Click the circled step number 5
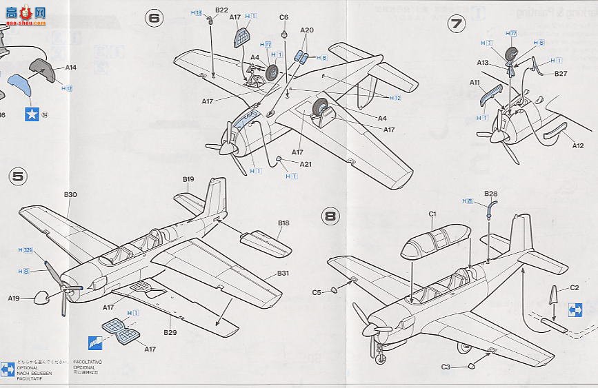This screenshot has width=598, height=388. [x=19, y=177]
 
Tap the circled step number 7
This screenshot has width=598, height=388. [x=456, y=24]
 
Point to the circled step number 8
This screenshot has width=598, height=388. [x=331, y=216]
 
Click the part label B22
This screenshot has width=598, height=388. [x=221, y=10]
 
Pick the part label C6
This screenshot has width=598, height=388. [x=283, y=17]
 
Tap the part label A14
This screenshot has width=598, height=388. [x=70, y=67]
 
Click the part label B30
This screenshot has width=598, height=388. [x=70, y=195]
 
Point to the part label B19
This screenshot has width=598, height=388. [x=188, y=179]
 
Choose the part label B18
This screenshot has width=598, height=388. [x=283, y=223]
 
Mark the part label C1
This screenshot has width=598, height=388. [x=432, y=214]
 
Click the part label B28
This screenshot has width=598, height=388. [x=491, y=194]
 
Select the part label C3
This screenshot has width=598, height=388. [x=447, y=367]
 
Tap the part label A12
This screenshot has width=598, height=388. [x=578, y=145]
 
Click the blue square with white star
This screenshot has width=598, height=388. [x=31, y=114]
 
